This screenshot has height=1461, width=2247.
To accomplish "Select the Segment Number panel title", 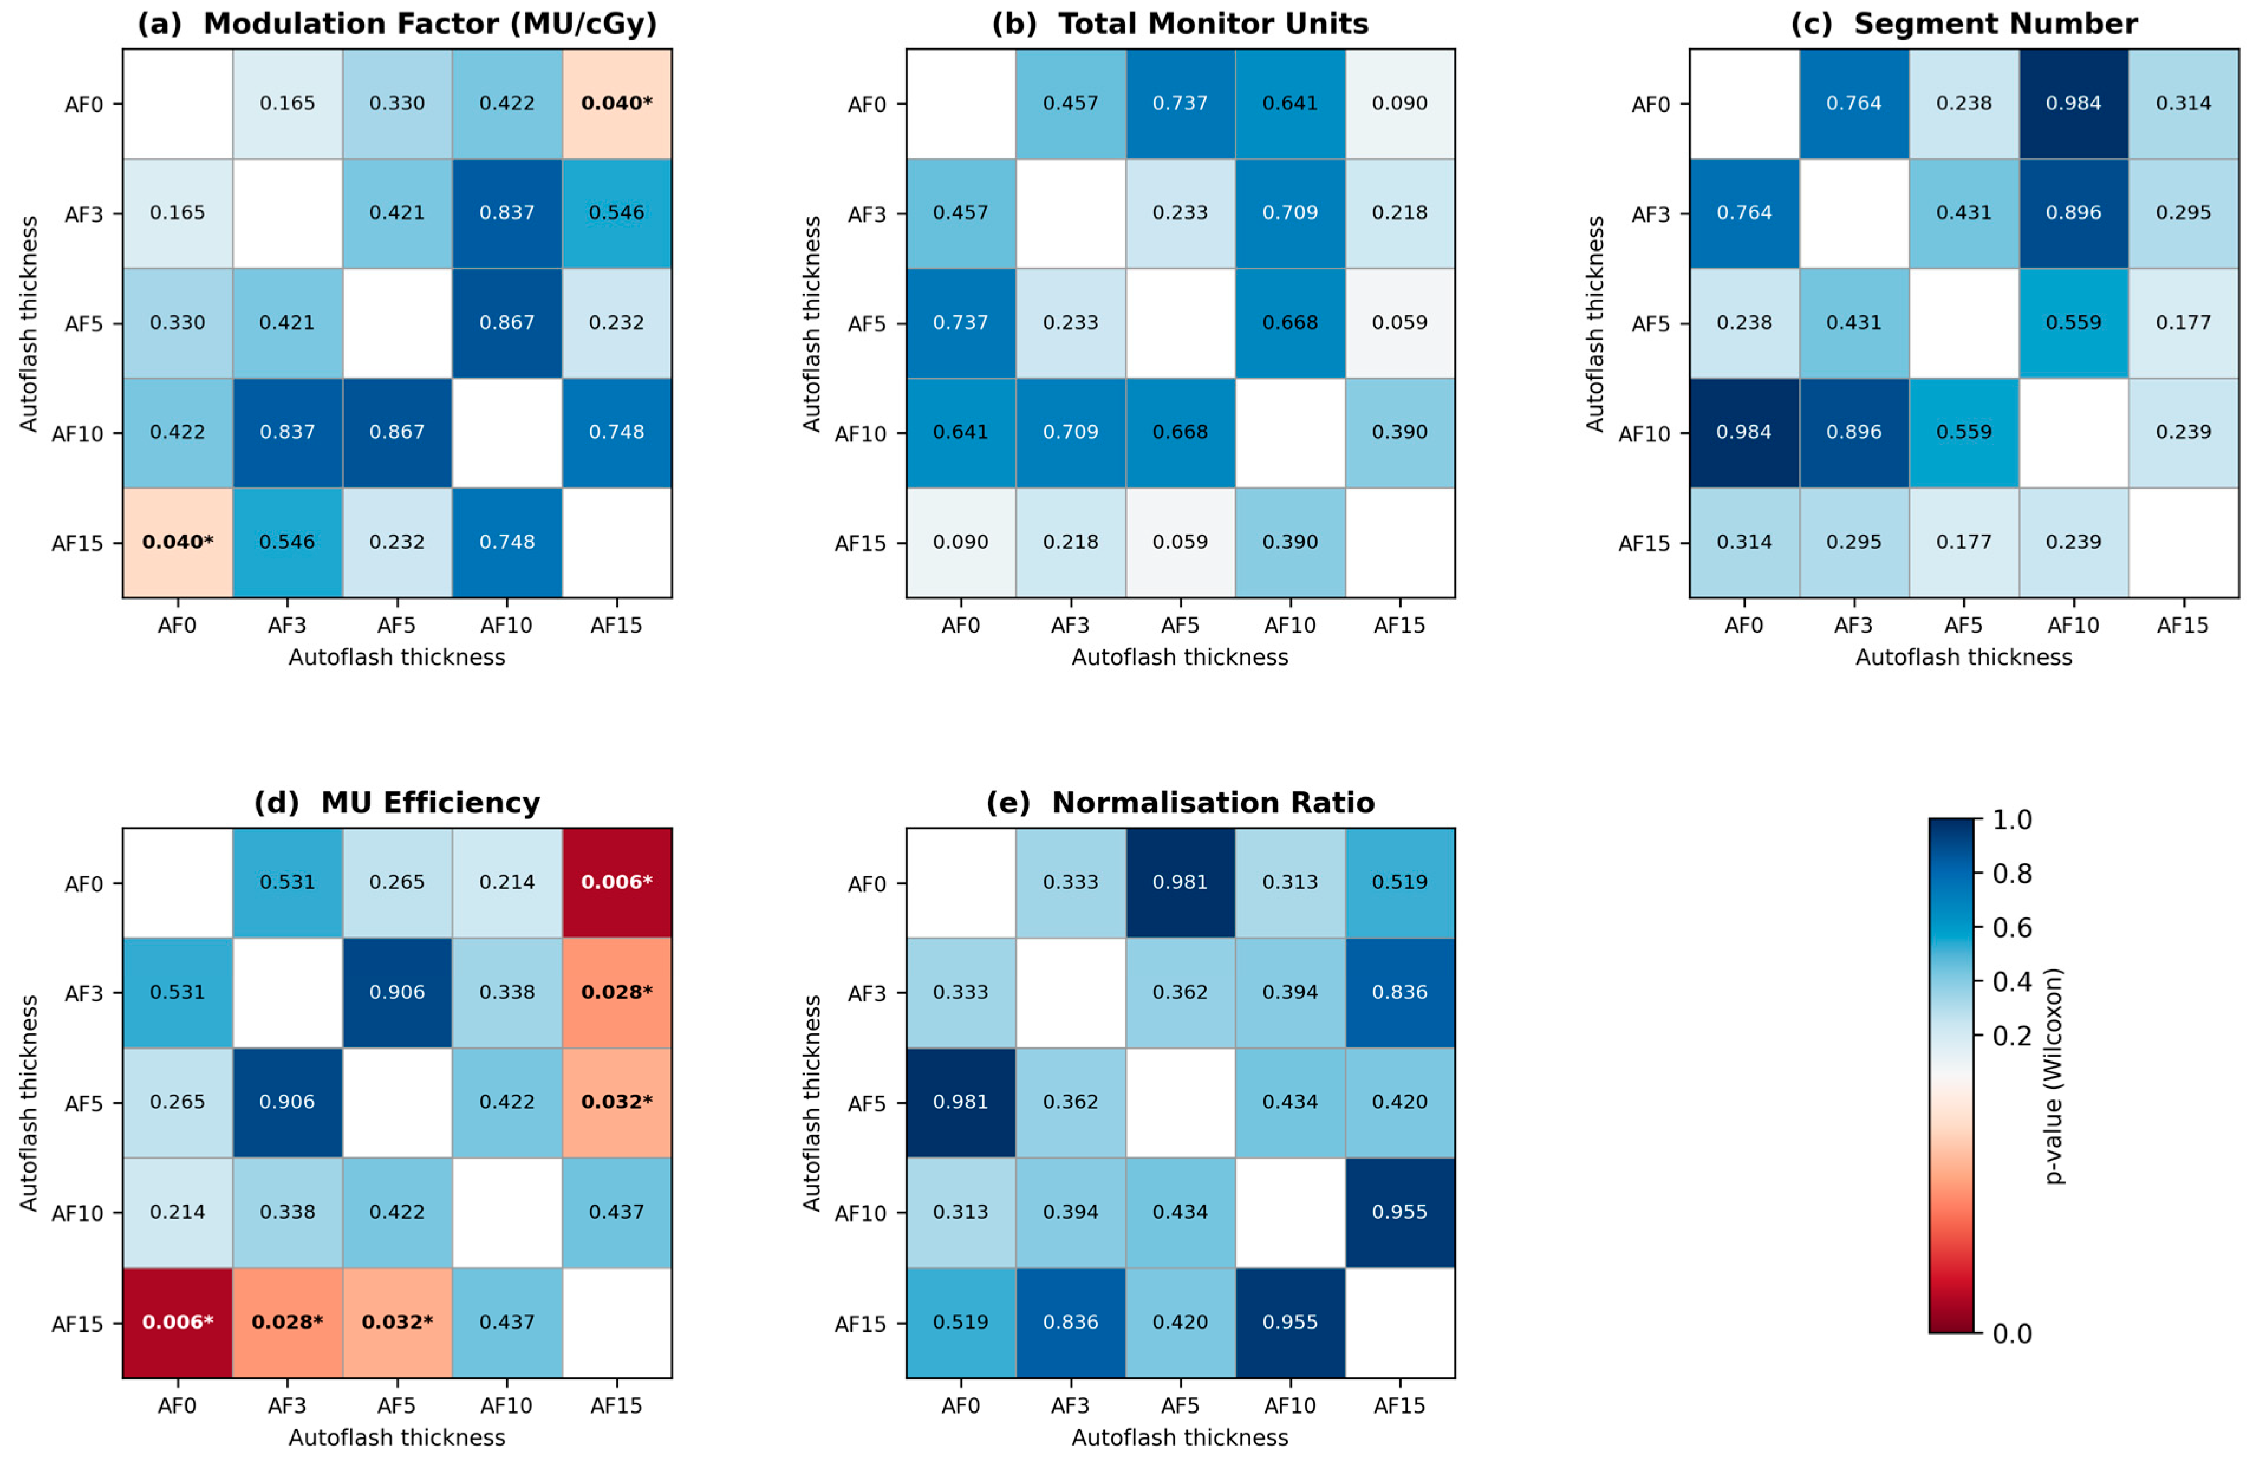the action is (x=1996, y=24).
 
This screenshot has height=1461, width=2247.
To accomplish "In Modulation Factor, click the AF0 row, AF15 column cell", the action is (x=617, y=104).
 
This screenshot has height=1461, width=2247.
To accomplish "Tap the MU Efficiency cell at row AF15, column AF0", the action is (x=177, y=1322).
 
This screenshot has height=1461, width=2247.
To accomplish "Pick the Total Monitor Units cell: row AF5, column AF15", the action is (x=1400, y=323).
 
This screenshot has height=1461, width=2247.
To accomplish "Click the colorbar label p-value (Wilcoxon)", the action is (x=2053, y=1076).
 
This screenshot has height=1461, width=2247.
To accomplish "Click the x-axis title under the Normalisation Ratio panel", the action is (x=1180, y=1437).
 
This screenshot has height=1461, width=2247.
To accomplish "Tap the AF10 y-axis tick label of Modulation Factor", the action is (x=77, y=434).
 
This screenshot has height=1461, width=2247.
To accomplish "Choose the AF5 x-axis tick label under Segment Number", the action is (x=1964, y=625).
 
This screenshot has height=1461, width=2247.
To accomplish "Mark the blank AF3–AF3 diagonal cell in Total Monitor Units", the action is (x=1070, y=213).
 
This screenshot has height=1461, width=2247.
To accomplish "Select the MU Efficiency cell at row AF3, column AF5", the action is (x=398, y=993).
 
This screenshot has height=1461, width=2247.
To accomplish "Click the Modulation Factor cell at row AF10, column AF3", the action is (x=287, y=432).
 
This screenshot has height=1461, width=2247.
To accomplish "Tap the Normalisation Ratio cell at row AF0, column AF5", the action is (x=1180, y=883).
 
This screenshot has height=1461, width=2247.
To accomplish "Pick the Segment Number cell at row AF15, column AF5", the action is (x=1964, y=542).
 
